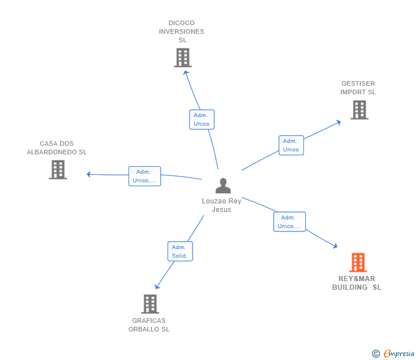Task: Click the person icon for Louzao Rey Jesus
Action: (x=223, y=186)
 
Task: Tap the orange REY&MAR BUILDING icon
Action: (x=358, y=263)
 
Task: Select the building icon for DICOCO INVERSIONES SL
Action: (x=183, y=58)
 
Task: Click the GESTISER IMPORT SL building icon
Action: (x=359, y=110)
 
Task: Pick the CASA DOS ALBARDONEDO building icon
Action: (x=58, y=170)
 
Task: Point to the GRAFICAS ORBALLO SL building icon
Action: (x=150, y=304)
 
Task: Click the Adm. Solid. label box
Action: (x=180, y=251)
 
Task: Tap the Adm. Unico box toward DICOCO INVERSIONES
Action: (x=202, y=119)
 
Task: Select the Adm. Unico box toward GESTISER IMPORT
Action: (x=291, y=145)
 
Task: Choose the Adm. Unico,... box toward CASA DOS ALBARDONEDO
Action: (x=144, y=176)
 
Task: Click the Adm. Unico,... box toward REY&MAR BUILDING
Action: (x=289, y=222)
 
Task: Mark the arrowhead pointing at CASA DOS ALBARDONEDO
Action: (x=89, y=174)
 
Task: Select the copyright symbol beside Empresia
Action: (x=376, y=354)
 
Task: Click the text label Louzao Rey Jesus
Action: (x=222, y=205)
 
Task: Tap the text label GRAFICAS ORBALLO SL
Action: (x=149, y=325)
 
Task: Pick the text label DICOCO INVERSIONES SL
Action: (x=182, y=31)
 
